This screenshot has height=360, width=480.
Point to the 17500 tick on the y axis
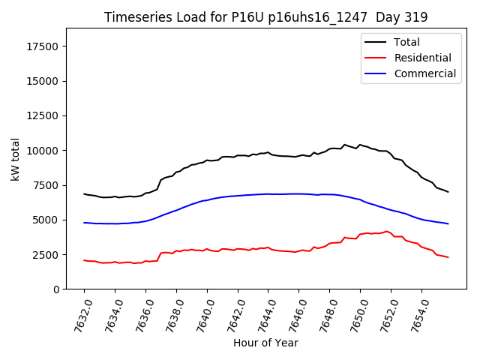click(x=44, y=46)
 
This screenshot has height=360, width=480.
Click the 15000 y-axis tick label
click(x=44, y=81)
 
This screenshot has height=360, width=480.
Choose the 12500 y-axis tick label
click(x=44, y=115)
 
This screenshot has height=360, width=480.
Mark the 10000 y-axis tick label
click(x=44, y=151)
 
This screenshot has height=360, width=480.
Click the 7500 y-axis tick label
click(x=47, y=185)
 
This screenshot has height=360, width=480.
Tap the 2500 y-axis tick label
click(x=47, y=255)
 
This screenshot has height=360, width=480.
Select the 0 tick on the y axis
click(x=57, y=289)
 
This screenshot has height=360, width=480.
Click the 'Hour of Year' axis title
click(x=265, y=343)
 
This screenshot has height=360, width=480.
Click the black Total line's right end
click(x=448, y=192)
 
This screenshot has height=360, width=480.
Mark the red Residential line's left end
click(x=84, y=260)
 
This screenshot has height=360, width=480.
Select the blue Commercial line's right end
click(x=448, y=223)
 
